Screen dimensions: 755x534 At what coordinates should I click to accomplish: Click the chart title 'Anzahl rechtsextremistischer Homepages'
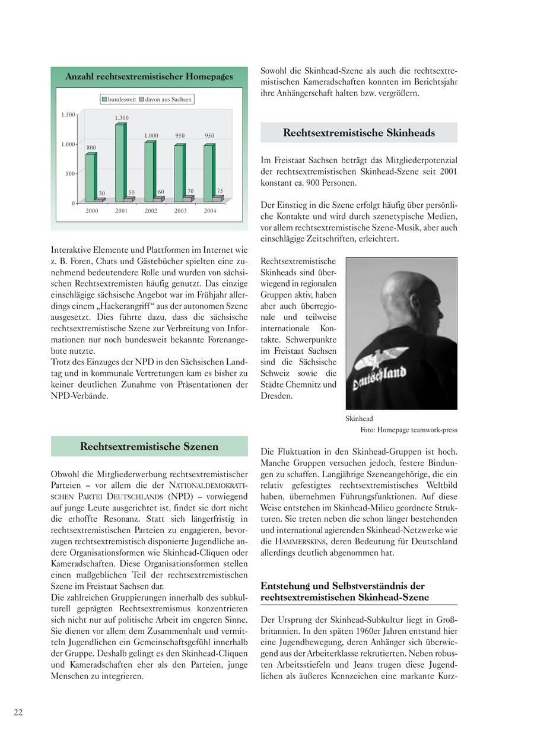(149, 77)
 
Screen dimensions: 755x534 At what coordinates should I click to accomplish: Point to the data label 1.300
(122, 118)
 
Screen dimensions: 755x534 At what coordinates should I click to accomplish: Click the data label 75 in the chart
(220, 191)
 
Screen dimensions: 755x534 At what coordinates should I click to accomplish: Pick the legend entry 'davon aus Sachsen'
(168, 99)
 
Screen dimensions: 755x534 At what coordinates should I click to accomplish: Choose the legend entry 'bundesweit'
(121, 99)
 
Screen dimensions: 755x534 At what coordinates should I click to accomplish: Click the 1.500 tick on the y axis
(68, 115)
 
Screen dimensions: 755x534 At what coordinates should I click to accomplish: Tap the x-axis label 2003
(180, 211)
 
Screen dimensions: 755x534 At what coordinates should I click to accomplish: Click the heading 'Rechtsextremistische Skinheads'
(358, 133)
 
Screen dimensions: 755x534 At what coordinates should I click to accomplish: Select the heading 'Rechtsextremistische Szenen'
(149, 446)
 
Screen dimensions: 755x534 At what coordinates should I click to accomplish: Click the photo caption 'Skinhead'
(359, 418)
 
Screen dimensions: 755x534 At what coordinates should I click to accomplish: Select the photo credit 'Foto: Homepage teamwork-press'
(409, 430)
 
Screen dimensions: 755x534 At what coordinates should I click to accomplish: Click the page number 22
(18, 713)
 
